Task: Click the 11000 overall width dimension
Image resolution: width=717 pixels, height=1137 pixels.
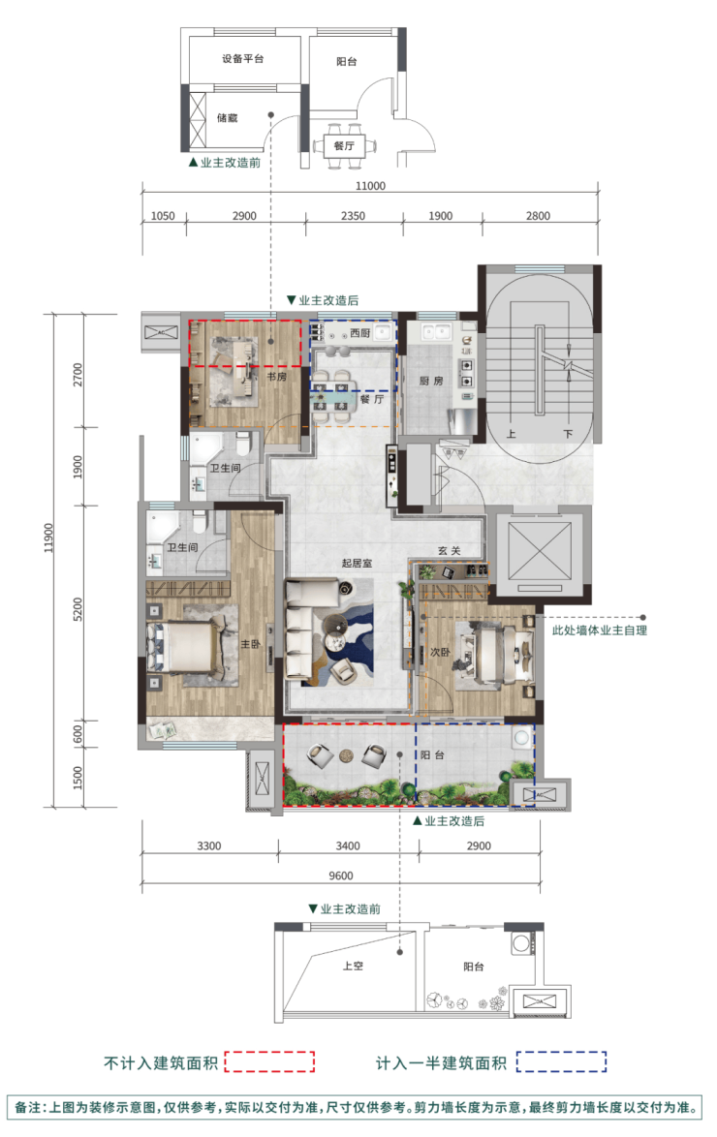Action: tap(370, 186)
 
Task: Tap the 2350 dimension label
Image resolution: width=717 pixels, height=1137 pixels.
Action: tap(353, 215)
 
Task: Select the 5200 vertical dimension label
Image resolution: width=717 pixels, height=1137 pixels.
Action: tap(78, 609)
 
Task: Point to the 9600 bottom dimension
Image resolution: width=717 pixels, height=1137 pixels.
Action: tap(340, 876)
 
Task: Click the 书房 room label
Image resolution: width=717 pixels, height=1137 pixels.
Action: tap(276, 377)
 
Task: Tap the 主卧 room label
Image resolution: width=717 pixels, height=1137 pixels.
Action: tap(250, 644)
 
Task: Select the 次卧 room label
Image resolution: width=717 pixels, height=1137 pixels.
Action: tap(440, 652)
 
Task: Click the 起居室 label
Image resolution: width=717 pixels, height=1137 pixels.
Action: tap(358, 563)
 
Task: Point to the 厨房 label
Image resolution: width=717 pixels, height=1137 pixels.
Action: tap(431, 380)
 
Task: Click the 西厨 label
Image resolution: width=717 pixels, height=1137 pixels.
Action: tap(359, 333)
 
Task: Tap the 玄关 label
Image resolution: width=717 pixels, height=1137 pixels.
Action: tap(450, 550)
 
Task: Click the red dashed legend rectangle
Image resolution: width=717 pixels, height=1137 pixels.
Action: tap(269, 1061)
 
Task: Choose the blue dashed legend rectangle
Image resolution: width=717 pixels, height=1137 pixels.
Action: tap(562, 1061)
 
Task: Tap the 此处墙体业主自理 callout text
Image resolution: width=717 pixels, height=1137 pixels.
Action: tap(600, 630)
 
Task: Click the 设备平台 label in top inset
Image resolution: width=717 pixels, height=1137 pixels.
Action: tap(243, 59)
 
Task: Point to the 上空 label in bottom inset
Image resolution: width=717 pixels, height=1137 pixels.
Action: tap(354, 966)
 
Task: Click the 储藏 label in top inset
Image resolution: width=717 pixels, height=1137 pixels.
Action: tap(227, 117)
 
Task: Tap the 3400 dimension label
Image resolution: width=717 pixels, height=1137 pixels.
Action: tap(348, 845)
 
